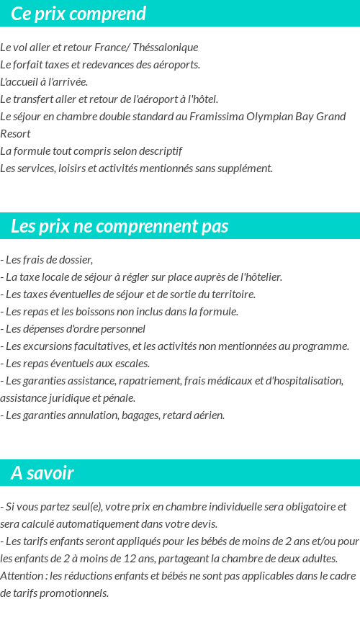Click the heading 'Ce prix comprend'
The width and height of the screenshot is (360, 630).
click(78, 14)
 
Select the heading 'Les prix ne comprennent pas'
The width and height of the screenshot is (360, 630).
click(120, 226)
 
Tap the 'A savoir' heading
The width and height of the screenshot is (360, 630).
click(42, 473)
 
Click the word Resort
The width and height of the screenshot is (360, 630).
click(15, 134)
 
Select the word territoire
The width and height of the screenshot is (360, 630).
click(230, 294)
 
